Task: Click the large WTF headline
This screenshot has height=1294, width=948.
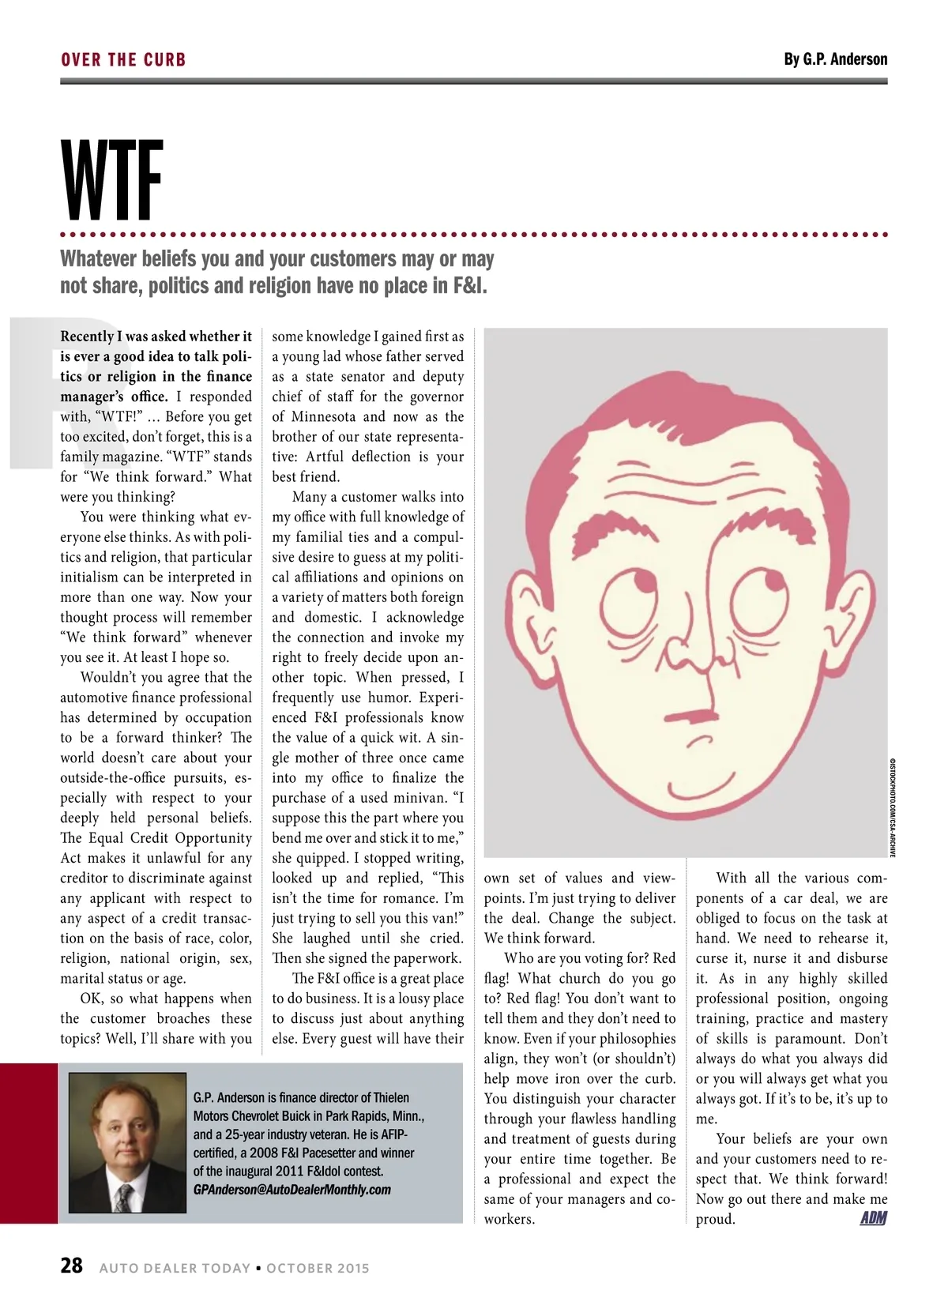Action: pos(112,181)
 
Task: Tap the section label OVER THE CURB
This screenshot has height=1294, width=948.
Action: pos(123,60)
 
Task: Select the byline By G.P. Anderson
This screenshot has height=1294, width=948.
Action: pos(835,59)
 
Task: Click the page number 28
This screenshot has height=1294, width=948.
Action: pos(71,1266)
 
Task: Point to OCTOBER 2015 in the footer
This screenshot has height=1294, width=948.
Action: pos(318,1268)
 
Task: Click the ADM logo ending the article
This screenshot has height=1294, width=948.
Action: pos(873,1218)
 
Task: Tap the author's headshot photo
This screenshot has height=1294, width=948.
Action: pos(127,1142)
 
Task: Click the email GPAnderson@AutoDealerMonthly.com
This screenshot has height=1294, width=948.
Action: pos(292,1190)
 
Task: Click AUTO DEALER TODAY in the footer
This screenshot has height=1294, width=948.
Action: pos(175,1268)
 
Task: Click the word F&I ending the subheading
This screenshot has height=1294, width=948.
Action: pos(467,285)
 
